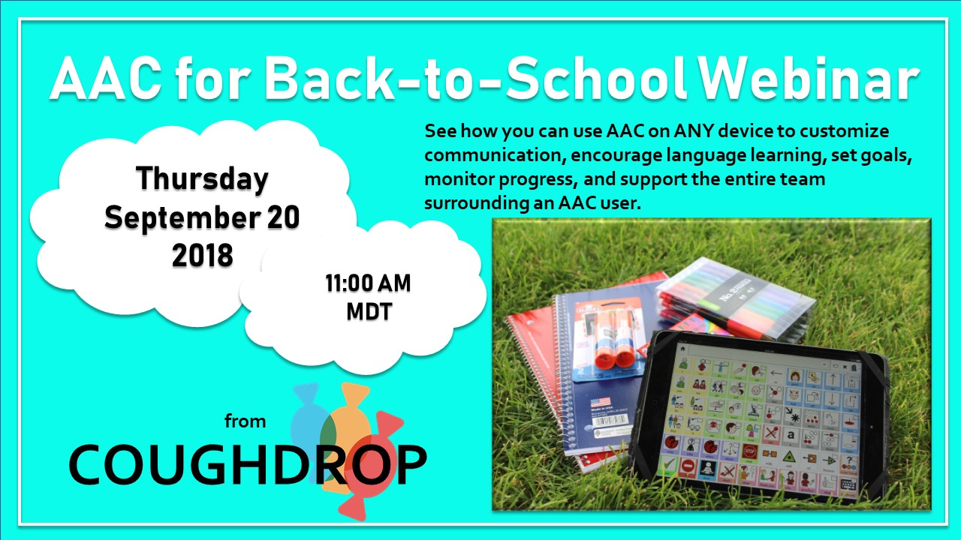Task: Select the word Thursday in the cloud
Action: tap(202, 179)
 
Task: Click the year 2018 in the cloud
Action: tap(202, 256)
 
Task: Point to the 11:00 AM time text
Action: tap(368, 284)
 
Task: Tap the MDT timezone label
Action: tap(369, 311)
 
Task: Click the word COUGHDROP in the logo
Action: tap(247, 464)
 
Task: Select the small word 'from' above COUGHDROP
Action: tap(245, 421)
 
